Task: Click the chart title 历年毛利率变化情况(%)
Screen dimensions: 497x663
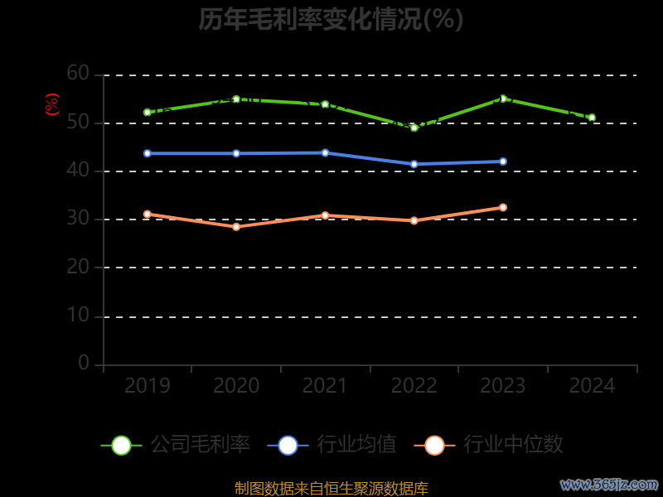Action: tap(331, 19)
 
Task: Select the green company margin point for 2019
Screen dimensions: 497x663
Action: tap(147, 112)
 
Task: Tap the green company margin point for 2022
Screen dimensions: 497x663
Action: tap(414, 128)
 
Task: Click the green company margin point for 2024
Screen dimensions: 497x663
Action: tap(592, 118)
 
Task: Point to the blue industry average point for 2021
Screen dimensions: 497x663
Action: tap(325, 152)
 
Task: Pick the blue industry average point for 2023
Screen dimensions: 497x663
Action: tap(503, 162)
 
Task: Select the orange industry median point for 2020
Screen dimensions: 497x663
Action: tap(236, 226)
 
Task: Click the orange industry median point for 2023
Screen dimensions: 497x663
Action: tap(503, 207)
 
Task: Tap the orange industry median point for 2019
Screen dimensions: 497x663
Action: tap(147, 214)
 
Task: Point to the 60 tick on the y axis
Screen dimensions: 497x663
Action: tap(78, 74)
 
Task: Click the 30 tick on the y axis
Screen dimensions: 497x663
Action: tap(78, 219)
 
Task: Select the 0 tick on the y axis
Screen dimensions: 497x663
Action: tap(84, 363)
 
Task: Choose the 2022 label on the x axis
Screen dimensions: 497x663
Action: tap(414, 386)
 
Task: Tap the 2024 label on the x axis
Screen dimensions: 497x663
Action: tap(592, 386)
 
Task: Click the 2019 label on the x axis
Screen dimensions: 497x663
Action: tap(147, 386)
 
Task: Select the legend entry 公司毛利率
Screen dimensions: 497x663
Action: tap(176, 445)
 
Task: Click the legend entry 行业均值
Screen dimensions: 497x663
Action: tap(332, 445)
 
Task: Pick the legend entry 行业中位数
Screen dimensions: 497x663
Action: tap(494, 445)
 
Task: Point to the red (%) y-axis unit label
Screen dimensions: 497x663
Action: tap(52, 104)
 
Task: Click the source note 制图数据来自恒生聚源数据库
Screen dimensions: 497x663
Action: tap(331, 488)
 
